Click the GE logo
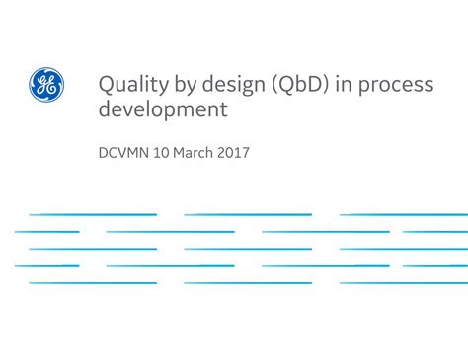(x=46, y=84)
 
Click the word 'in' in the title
(x=345, y=84)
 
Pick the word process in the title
(x=397, y=86)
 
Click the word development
(x=162, y=109)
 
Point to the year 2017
(x=235, y=154)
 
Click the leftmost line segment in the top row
(x=93, y=214)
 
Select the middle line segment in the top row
(x=248, y=214)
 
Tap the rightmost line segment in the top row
(x=404, y=214)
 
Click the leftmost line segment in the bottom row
(x=93, y=283)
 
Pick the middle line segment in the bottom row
(x=248, y=283)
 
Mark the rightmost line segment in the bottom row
(x=404, y=283)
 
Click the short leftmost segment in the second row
(x=46, y=232)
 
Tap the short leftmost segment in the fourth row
(x=46, y=266)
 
